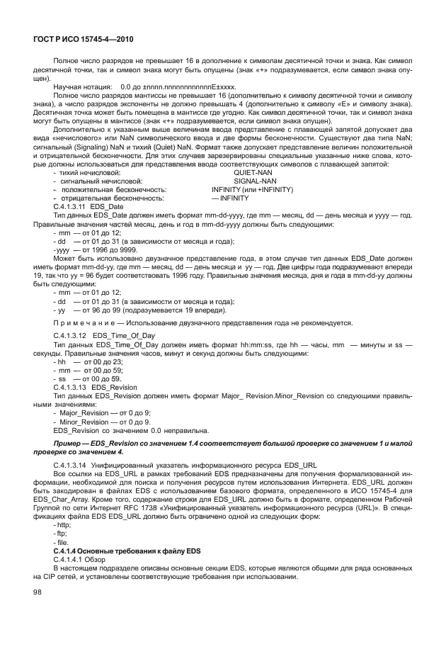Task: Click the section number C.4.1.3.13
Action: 72,388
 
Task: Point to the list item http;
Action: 62,525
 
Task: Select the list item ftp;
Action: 61,534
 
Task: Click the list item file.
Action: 62,543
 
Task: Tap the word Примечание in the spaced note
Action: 85,322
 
